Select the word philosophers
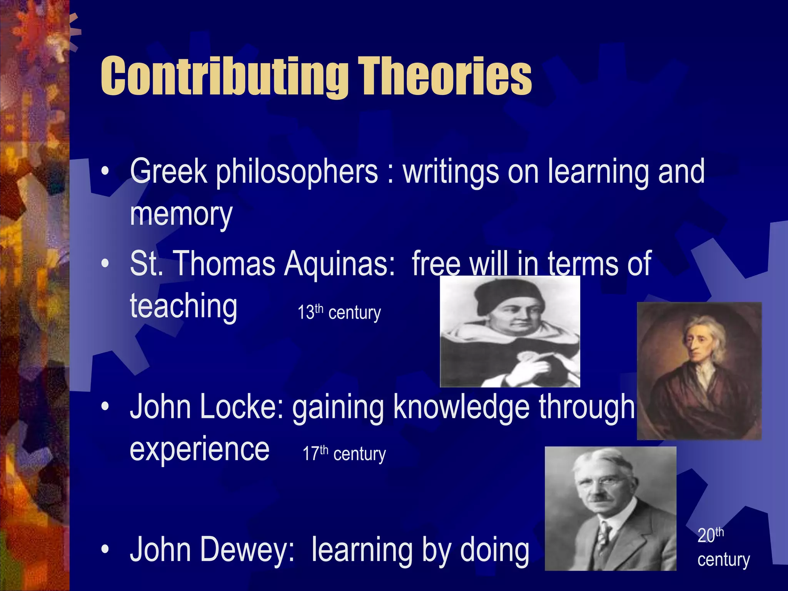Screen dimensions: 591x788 296,172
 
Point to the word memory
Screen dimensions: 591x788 181,214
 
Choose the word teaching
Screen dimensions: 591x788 184,306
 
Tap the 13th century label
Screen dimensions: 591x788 339,312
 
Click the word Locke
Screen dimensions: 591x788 241,408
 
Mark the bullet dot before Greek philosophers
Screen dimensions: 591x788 105,172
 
